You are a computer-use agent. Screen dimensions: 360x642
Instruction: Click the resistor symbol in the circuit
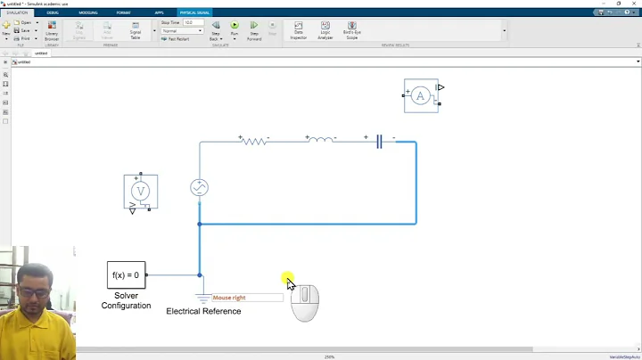[x=254, y=140]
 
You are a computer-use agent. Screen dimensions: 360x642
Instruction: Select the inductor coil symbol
[x=320, y=140]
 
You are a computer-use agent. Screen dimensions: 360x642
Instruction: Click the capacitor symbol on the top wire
[x=379, y=141]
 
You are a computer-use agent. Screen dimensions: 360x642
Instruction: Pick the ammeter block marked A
[x=421, y=95]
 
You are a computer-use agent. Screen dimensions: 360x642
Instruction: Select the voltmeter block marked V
[x=140, y=192]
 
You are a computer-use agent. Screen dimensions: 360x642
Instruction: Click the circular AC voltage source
[x=199, y=187]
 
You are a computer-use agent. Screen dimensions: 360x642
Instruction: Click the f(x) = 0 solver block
[x=126, y=274]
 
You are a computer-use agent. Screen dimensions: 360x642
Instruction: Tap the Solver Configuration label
[x=126, y=299]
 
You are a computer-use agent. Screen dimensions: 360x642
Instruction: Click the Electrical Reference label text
[x=203, y=311]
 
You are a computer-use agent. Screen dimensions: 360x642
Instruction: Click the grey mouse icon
[x=305, y=302]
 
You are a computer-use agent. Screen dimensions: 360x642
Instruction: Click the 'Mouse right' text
[x=229, y=298]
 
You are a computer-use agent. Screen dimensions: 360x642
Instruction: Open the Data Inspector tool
[x=298, y=30]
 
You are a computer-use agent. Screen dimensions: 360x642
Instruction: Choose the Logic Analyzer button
[x=325, y=30]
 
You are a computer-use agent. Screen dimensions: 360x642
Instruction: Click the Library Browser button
[x=52, y=31]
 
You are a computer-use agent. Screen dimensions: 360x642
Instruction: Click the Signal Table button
[x=136, y=30]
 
